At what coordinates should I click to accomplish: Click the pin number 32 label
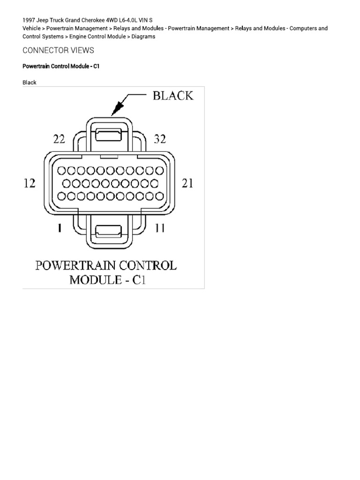[160, 139]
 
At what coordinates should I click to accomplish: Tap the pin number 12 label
[30, 183]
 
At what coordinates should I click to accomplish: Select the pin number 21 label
[187, 183]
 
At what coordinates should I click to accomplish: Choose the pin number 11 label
[160, 228]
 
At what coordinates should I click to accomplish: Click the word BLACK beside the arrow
[172, 96]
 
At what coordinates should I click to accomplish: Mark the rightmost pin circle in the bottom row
[160, 196]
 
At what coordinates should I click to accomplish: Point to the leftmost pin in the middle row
[66, 183]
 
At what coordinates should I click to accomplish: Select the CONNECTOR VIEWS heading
[58, 50]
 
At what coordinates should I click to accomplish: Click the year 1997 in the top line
[30, 21]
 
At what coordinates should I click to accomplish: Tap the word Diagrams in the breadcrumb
[143, 36]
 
